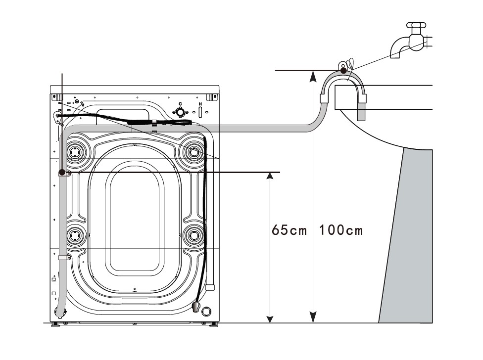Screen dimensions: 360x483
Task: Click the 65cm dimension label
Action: (290, 230)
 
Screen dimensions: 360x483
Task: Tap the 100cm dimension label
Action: (341, 230)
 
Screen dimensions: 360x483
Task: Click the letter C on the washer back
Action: (181, 103)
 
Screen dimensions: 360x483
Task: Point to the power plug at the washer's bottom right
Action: (196, 307)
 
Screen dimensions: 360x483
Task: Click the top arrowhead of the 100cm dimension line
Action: (312, 75)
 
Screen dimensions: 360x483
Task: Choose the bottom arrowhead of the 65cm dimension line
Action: (269, 318)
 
